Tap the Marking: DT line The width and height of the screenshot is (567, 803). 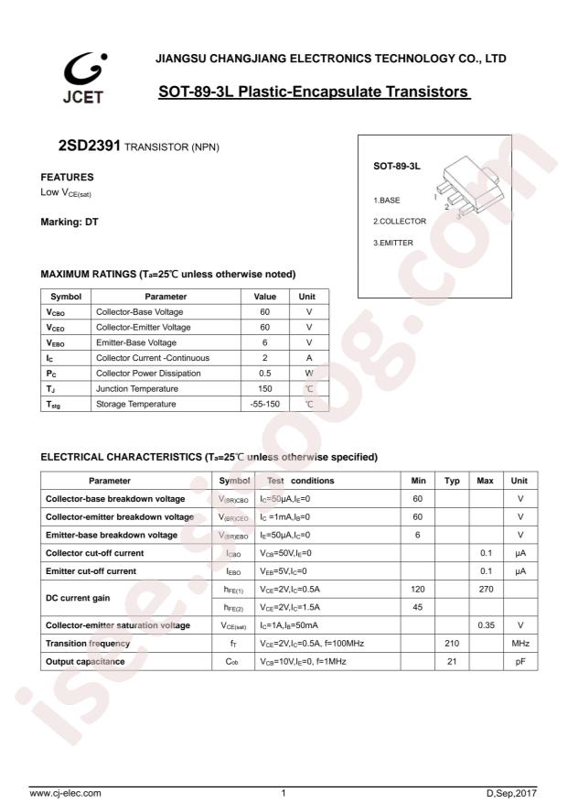point(70,223)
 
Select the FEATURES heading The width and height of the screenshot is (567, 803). point(68,177)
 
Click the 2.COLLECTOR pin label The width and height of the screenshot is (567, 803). point(400,222)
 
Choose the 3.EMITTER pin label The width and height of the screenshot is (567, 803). point(393,243)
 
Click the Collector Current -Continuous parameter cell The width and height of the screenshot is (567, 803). point(153,357)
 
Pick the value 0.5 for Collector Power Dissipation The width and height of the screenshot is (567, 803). point(264,373)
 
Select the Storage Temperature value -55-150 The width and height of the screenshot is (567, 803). point(264,404)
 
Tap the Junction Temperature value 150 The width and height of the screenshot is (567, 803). point(264,388)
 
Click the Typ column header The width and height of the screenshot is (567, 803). point(452,481)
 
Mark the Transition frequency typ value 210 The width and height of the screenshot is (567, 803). point(452,643)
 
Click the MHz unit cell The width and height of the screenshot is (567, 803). point(520,643)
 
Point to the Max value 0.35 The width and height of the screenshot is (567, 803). point(486,625)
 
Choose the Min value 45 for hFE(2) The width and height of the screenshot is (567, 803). point(418,607)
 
